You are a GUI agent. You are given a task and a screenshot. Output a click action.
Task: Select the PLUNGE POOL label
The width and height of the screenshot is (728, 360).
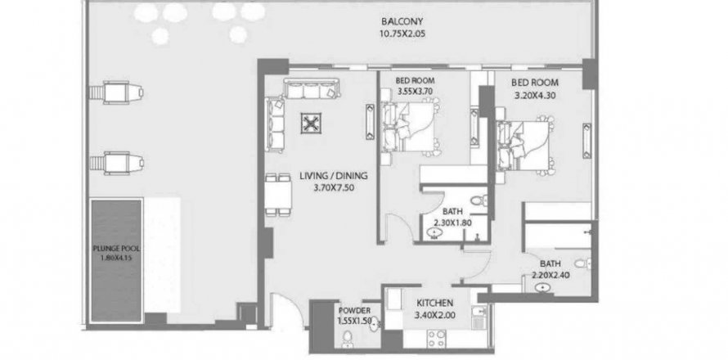point(116,249)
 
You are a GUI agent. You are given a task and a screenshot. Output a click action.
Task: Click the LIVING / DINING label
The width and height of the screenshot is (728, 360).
point(334,176)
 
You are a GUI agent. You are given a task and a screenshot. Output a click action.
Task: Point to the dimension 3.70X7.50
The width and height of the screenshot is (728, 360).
point(334,188)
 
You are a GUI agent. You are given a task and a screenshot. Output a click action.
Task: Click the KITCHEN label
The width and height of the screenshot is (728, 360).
point(434,304)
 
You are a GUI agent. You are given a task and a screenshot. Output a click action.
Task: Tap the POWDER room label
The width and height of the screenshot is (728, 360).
point(355,311)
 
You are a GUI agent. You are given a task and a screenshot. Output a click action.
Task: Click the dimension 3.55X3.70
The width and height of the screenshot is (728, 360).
point(415,92)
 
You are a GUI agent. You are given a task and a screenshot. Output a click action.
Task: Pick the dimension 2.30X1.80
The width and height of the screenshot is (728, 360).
point(452,223)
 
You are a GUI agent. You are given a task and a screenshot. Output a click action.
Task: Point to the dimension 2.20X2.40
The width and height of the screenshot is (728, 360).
point(550,275)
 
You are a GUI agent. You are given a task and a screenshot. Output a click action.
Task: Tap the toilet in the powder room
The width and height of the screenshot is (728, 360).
point(347,339)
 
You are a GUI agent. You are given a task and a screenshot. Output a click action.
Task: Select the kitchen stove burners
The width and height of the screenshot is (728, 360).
point(437,338)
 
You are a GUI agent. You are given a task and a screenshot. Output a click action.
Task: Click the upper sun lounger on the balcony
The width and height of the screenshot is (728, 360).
point(116,92)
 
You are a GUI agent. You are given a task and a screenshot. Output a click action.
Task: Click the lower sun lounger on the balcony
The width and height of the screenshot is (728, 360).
point(116,163)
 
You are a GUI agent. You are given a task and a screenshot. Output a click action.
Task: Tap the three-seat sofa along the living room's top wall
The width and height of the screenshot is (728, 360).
point(312,88)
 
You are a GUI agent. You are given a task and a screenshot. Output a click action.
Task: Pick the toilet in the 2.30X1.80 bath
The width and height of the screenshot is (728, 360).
point(479,201)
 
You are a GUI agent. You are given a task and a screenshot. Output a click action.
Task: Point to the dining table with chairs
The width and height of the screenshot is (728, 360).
point(278,195)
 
